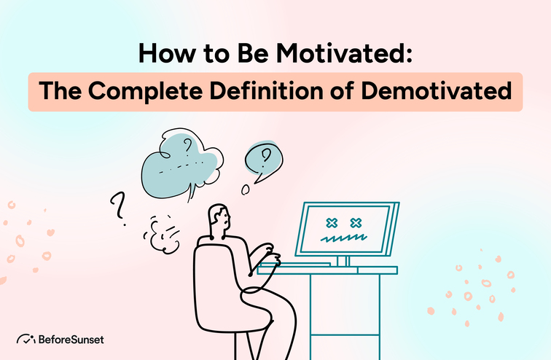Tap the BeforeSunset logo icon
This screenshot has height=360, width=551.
point(26,339)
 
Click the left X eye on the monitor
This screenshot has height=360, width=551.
point(330,222)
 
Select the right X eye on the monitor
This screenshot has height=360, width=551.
point(356,222)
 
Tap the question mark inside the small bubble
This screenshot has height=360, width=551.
point(266,154)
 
